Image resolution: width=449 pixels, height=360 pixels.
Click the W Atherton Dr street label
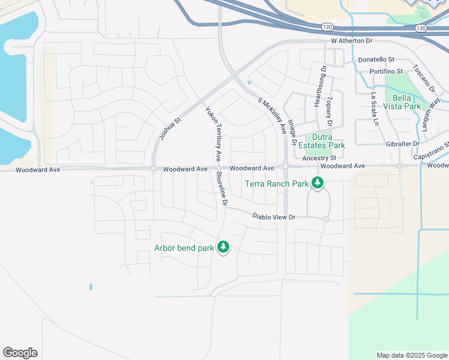pos(352,41)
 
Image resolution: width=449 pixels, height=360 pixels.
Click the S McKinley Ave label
pos(272,115)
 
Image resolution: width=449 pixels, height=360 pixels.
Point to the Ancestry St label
pos(319,158)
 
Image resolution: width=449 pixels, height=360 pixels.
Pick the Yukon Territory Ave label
pos(214,134)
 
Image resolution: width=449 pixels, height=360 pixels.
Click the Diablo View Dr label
pos(274,217)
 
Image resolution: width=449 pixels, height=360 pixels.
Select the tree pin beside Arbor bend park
pos(223,247)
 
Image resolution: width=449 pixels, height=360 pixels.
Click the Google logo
pos(20,353)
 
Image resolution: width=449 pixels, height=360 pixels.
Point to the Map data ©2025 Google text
pos(412,355)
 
